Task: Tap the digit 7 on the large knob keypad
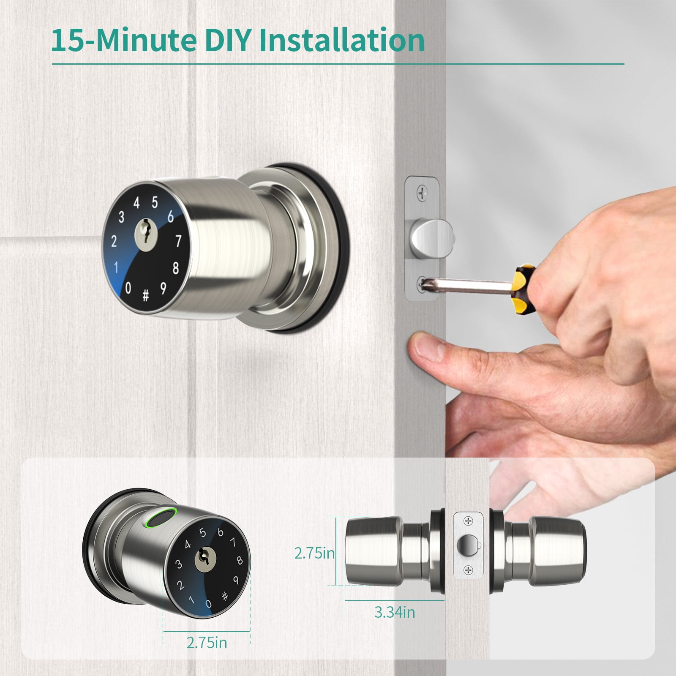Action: pos(178,241)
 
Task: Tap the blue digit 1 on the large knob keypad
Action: pos(116,267)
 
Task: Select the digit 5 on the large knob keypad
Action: pos(155,202)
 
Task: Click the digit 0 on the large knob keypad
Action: pos(128,288)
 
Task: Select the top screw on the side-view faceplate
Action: pos(468,521)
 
